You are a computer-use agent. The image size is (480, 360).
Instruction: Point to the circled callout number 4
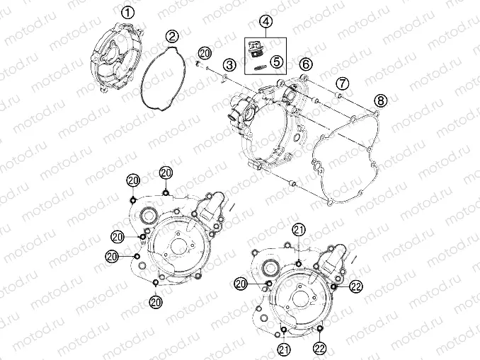click(265, 22)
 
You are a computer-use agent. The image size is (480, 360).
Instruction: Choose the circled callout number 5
click(276, 61)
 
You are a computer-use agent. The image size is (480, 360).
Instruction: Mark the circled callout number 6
click(305, 64)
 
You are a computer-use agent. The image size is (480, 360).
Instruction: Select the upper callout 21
click(299, 229)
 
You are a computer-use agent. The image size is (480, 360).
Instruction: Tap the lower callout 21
click(284, 348)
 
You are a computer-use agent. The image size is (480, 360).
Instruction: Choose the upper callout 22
click(355, 286)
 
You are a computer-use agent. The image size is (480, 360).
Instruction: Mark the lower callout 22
click(320, 348)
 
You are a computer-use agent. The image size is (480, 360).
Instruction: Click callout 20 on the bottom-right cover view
click(241, 283)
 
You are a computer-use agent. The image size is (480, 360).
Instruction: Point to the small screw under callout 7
click(338, 94)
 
